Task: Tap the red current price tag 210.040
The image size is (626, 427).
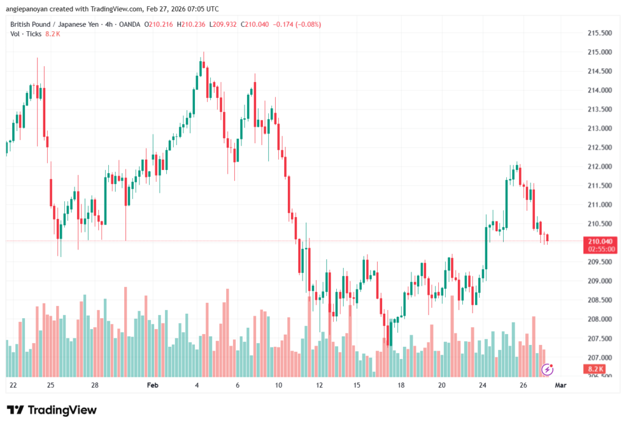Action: [x=599, y=241]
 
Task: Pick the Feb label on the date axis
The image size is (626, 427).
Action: [x=153, y=385]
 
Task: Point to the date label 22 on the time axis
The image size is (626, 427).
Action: [x=13, y=385]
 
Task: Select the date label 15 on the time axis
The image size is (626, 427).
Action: [x=358, y=385]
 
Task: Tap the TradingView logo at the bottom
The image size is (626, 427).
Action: [x=51, y=410]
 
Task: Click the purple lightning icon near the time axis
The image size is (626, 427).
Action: [x=548, y=369]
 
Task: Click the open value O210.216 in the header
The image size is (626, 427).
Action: [x=160, y=24]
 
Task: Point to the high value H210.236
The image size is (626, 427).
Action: [x=192, y=24]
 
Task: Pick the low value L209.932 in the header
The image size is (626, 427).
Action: [x=224, y=24]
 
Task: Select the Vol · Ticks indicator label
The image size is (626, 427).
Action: [x=26, y=34]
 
